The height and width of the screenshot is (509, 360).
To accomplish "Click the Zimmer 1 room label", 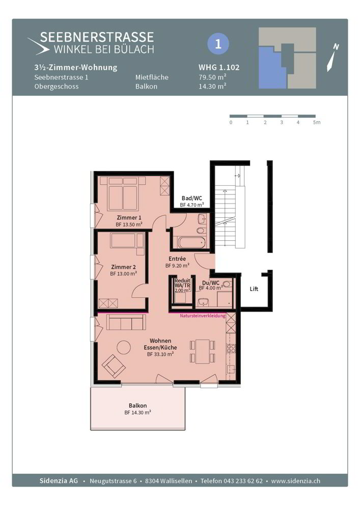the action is (x=129, y=217).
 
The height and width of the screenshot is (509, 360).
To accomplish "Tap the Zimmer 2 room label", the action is (x=123, y=267).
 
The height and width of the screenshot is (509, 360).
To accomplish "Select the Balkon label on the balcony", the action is (x=137, y=406).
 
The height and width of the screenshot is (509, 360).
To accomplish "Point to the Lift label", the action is (x=254, y=289).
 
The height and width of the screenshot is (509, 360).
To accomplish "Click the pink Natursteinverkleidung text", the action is (x=203, y=316).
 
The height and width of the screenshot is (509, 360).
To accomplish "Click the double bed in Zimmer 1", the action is (x=123, y=194).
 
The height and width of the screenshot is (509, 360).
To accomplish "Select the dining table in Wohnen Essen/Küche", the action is (x=203, y=351).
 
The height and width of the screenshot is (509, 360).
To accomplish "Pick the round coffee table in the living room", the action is (x=124, y=347).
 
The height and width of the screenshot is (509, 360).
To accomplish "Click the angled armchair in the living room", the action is (x=114, y=365).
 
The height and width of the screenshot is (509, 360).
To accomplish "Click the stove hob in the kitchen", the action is (x=231, y=348).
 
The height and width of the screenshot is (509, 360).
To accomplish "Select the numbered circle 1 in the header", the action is (x=218, y=43).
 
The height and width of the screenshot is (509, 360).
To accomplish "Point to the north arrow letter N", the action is (x=336, y=47).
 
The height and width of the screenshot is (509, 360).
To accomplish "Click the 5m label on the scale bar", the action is (x=317, y=122).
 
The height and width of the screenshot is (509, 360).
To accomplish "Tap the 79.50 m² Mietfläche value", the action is (x=212, y=77).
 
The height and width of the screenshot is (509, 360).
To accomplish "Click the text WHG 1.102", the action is (x=219, y=67).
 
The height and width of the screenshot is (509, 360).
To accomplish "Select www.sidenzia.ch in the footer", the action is (x=296, y=481).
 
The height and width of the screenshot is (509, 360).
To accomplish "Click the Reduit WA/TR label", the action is (x=182, y=285).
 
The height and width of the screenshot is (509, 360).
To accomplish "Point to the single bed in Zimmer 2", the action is (x=127, y=241).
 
